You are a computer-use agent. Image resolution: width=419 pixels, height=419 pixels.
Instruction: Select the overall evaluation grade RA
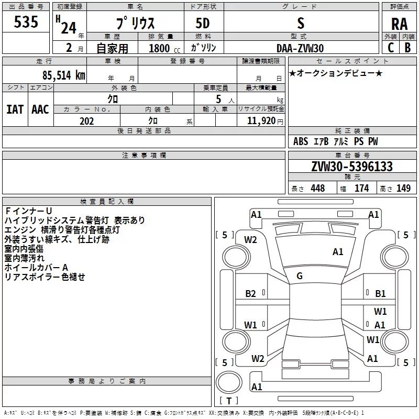click(x=399, y=24)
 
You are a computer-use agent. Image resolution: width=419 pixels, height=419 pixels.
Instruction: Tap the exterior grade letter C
click(x=390, y=48)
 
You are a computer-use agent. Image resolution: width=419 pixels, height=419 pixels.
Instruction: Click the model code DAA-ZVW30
click(x=300, y=48)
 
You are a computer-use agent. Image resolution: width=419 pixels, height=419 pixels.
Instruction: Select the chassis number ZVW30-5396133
click(x=352, y=167)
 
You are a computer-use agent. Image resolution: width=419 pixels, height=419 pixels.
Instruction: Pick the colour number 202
click(x=86, y=121)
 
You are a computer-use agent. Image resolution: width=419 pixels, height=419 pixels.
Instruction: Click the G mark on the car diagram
click(x=300, y=276)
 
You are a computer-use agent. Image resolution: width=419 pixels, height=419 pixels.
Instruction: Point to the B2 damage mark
click(x=251, y=294)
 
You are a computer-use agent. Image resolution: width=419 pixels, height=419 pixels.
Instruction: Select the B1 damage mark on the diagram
click(x=380, y=294)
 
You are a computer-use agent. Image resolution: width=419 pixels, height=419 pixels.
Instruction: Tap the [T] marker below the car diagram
click(x=228, y=401)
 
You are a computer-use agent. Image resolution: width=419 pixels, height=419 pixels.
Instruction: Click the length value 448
click(x=317, y=189)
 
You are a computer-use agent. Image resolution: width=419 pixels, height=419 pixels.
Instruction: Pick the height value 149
click(x=403, y=189)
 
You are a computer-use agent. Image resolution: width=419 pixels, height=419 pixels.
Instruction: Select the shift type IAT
click(x=15, y=109)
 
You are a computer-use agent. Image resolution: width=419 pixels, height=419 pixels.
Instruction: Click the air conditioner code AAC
click(x=40, y=109)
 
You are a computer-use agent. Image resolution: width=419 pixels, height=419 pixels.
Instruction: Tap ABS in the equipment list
click(x=301, y=141)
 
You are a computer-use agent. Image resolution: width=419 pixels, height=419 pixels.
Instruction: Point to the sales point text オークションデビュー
click(x=336, y=73)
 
